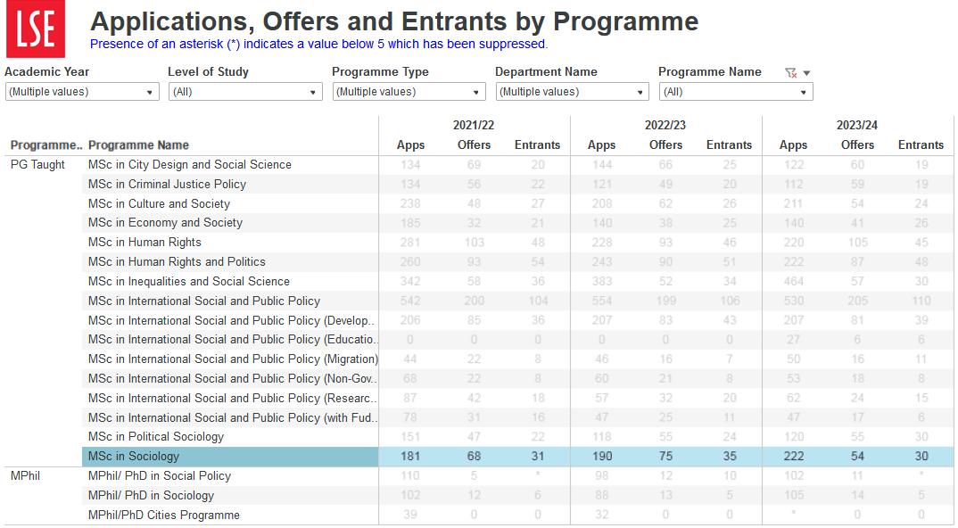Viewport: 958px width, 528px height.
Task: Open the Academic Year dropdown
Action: pos(82,92)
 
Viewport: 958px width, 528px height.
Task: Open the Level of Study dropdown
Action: pos(245,92)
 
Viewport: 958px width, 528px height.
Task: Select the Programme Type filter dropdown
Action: pos(409,92)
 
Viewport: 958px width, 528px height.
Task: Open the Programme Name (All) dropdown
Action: pos(736,92)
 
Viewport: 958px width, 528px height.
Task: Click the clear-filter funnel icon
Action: pos(790,73)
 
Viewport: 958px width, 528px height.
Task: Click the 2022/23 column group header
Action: pos(665,126)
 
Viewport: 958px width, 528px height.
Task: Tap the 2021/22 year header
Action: pos(474,126)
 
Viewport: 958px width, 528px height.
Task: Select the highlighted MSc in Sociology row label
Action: pos(134,457)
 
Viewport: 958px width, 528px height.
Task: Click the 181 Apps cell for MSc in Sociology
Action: pos(410,457)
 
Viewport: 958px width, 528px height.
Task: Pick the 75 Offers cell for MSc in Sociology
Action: pos(665,457)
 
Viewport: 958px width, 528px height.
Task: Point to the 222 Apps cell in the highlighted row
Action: pos(793,457)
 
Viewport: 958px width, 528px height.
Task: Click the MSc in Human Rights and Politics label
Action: pos(177,262)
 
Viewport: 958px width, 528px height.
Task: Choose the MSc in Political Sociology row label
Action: pos(156,437)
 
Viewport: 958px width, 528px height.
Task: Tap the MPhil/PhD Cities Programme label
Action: pos(164,516)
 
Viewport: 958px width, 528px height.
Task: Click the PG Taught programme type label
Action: pos(37,165)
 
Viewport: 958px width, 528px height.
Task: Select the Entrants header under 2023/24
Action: pos(921,145)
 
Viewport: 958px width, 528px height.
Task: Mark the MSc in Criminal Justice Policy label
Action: pos(167,185)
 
